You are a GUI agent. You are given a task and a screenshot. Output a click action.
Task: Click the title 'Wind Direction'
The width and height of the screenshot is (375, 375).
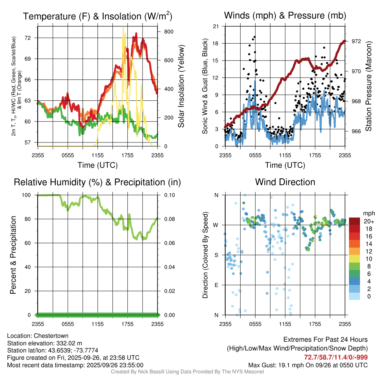pyautogui.click(x=285, y=182)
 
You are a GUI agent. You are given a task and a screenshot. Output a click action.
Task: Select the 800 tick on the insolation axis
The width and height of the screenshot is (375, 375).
pyautogui.click(x=168, y=32)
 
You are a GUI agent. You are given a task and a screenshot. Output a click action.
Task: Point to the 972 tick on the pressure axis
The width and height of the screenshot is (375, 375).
pyautogui.click(x=356, y=41)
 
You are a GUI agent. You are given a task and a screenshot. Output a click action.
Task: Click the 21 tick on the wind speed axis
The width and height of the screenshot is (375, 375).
pyautogui.click(x=216, y=26)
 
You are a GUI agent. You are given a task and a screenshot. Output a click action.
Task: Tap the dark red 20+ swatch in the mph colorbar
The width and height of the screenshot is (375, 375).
pyautogui.click(x=355, y=221)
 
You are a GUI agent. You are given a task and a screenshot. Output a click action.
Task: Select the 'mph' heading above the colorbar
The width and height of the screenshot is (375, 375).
pyautogui.click(x=368, y=213)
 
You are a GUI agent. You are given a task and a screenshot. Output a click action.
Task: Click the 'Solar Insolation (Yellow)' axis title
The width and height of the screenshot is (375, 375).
pyautogui.click(x=181, y=86)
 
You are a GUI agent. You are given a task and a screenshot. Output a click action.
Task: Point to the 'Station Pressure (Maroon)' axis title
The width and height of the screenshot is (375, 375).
pyautogui.click(x=368, y=86)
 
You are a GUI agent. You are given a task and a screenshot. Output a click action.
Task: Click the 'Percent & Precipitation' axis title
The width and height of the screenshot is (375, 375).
pyautogui.click(x=13, y=255)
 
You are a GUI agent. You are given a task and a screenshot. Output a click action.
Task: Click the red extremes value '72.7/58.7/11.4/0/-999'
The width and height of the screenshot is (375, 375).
pyautogui.click(x=336, y=357)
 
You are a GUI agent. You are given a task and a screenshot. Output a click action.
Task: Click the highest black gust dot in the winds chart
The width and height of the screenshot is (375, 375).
pyautogui.click(x=254, y=37)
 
